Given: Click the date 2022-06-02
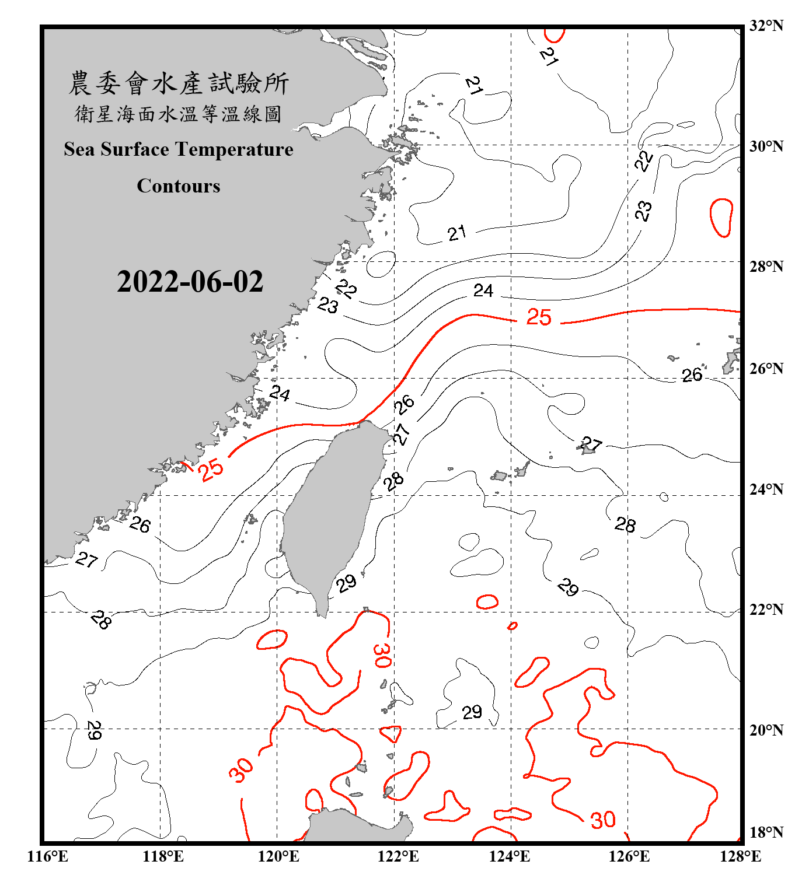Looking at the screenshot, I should point(190,282).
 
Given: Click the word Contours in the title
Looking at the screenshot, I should point(179,186).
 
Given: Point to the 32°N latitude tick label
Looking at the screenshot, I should point(766,26).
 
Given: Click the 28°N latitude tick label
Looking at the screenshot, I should point(766,267).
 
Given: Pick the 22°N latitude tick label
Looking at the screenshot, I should point(766,610).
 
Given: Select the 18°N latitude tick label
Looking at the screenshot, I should point(766,832).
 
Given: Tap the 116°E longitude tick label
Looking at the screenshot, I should point(48,856).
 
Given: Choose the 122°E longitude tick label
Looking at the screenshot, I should point(398,856).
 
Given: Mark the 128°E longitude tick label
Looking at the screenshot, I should point(740,856).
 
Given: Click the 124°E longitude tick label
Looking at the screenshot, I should point(510,856).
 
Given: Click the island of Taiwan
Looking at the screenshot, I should point(330,513).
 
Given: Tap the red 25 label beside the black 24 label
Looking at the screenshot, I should point(539,317).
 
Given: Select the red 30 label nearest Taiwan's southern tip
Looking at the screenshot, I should point(382,656).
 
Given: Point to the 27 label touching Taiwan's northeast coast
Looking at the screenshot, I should point(401,434).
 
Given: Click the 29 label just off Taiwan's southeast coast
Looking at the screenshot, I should point(346,582).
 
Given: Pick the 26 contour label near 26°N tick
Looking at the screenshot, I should point(692,375).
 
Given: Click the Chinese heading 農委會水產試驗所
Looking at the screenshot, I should point(179,83).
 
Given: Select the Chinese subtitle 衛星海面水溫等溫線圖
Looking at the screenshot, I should point(179,114).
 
